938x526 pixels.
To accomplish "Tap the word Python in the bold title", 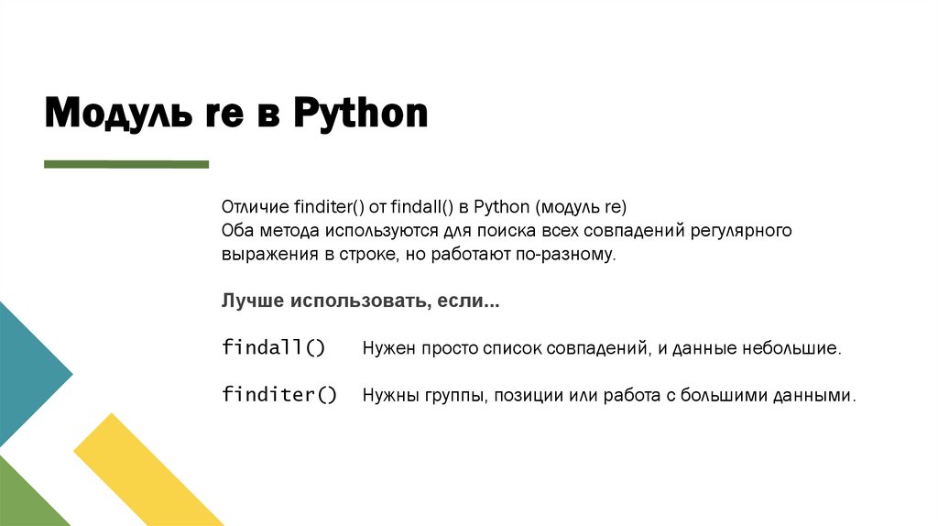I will pos(361,115).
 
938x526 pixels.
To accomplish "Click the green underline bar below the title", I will pos(126,164).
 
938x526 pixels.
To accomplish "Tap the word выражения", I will pos(267,255).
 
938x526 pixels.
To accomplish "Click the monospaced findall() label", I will pos(273,348).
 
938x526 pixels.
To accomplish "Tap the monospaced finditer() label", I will pos(279,396).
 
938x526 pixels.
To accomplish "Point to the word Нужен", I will pos(390,349).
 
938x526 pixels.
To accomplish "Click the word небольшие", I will pos(793,349).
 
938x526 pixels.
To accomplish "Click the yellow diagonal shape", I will pos(147,467).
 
